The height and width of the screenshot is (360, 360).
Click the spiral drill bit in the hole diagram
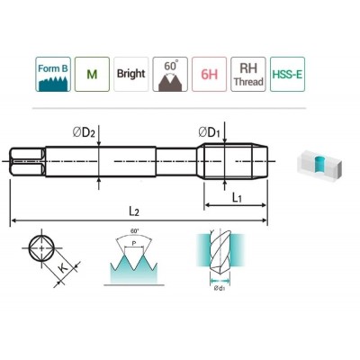[x=220, y=254]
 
